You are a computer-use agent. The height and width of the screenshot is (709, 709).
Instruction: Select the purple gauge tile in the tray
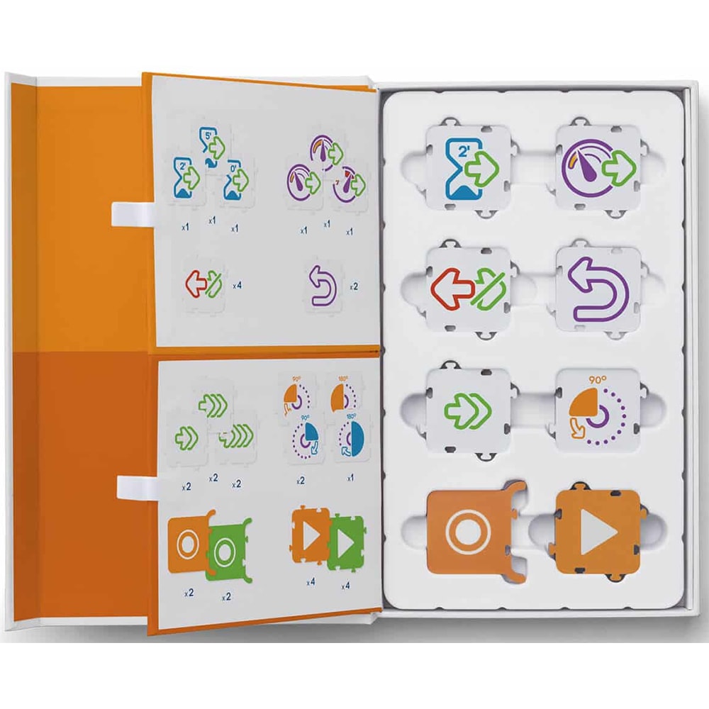599,169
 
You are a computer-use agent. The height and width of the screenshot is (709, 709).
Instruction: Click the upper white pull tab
131,211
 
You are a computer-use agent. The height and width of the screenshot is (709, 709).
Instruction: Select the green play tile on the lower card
346,541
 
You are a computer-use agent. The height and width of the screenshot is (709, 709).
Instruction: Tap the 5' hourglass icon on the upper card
211,145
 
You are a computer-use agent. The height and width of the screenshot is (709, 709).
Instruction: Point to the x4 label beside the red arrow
238,285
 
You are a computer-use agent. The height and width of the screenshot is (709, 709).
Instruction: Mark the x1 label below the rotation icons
350,479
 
